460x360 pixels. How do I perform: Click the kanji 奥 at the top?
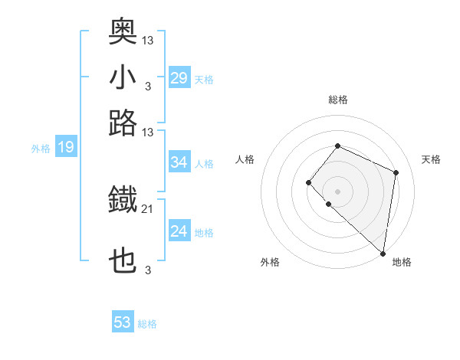pyautogui.click(x=123, y=31)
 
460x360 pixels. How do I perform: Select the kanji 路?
pyautogui.click(x=123, y=123)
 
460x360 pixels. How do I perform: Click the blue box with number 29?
pyautogui.click(x=179, y=78)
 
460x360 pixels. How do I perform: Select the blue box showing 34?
pyautogui.click(x=179, y=162)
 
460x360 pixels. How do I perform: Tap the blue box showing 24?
pyautogui.click(x=179, y=231)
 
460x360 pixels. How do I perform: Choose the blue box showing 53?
pyautogui.click(x=123, y=322)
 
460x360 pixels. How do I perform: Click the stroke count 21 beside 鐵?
pyautogui.click(x=148, y=208)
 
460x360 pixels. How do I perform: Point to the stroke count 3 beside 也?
pyautogui.click(x=147, y=270)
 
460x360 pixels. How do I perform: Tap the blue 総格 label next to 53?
pyautogui.click(x=147, y=324)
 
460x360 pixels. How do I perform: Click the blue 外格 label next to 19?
pyautogui.click(x=41, y=149)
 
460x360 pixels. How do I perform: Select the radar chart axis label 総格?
pyautogui.click(x=338, y=100)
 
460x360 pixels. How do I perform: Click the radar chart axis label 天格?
pyautogui.click(x=431, y=159)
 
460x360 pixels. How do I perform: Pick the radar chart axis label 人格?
pyautogui.click(x=245, y=159)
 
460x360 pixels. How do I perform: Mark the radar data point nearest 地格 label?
pyautogui.click(x=383, y=254)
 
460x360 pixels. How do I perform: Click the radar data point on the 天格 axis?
pyautogui.click(x=396, y=172)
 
